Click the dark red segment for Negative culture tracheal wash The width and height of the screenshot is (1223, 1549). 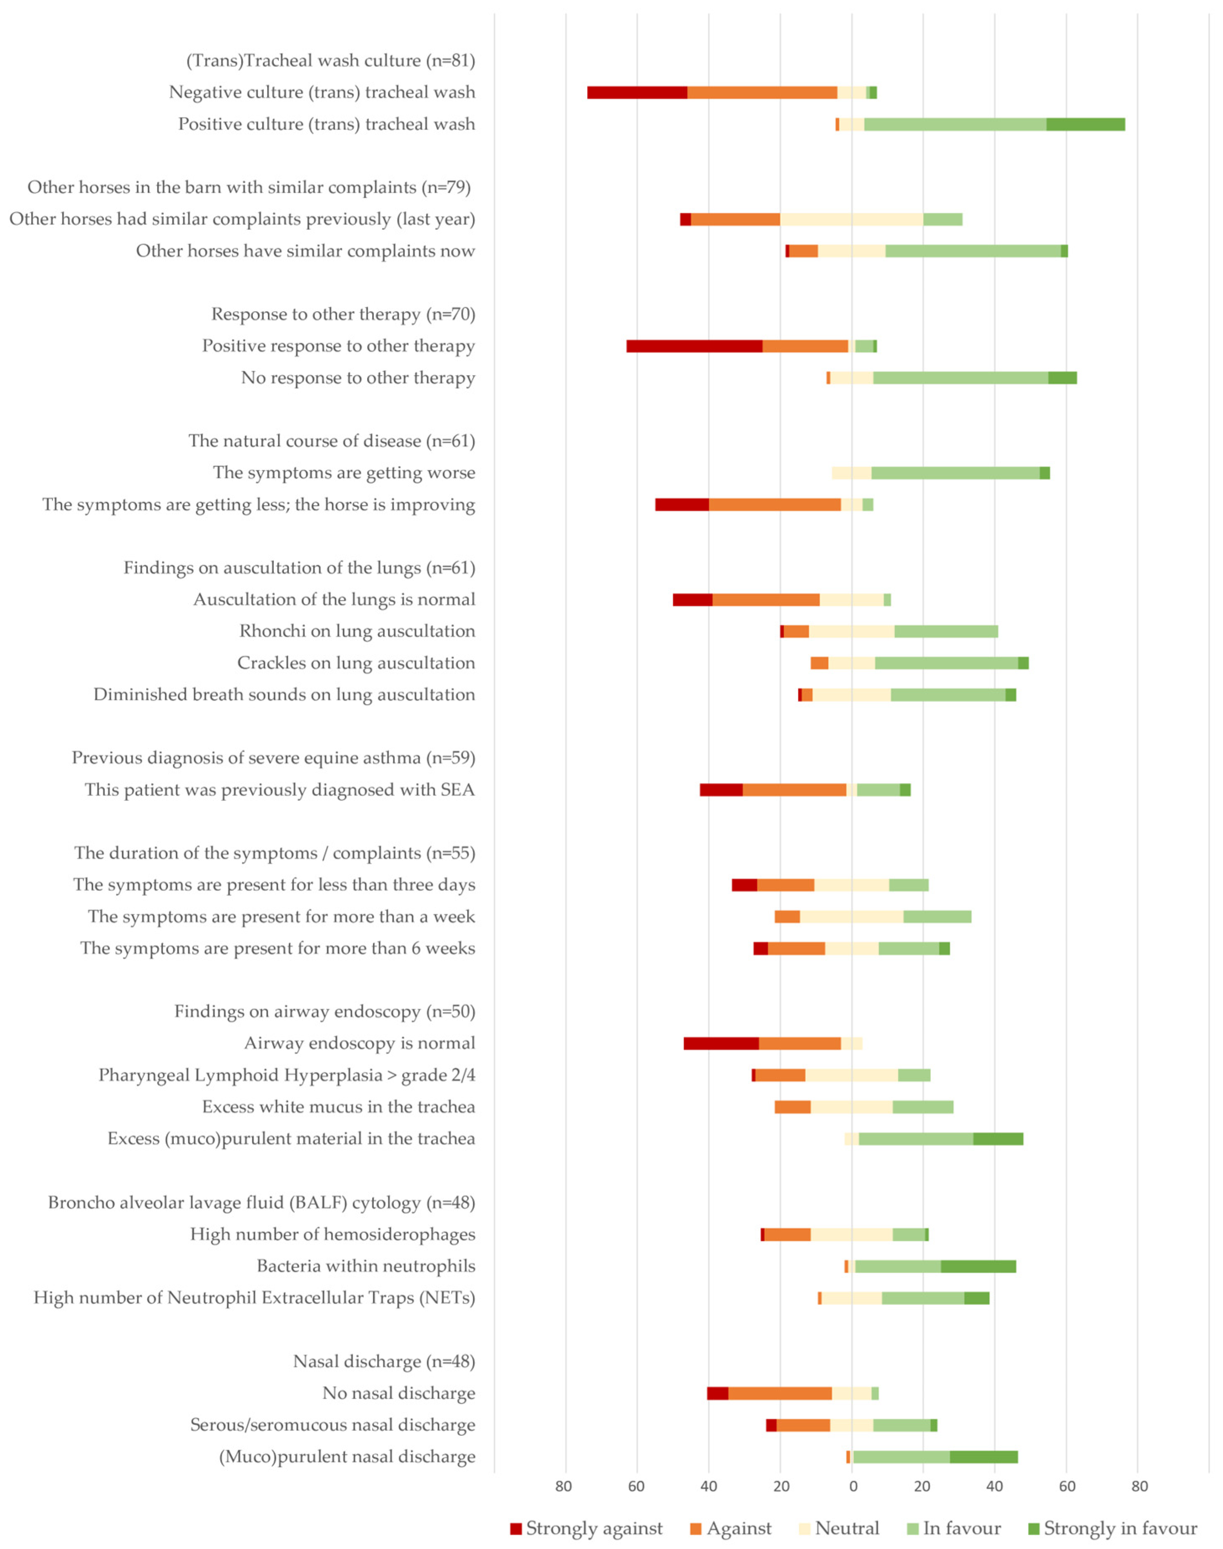637,92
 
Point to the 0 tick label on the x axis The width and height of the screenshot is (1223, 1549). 853,1486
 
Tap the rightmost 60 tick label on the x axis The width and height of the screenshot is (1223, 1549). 1067,1486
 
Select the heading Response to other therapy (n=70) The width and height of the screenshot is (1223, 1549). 343,314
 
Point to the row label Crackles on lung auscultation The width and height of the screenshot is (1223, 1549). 356,663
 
